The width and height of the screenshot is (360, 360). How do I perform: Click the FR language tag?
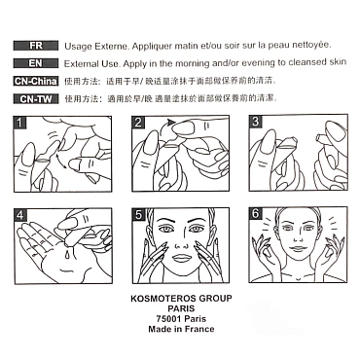click(x=36, y=46)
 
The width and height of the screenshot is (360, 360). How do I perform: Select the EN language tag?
click(x=36, y=63)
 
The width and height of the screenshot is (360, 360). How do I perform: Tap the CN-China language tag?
click(x=36, y=81)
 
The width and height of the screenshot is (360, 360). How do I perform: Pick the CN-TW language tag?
click(x=36, y=99)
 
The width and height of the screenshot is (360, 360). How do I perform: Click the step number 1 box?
click(x=19, y=123)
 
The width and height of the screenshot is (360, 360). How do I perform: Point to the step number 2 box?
click(x=138, y=123)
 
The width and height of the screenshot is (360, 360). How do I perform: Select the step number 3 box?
click(x=256, y=122)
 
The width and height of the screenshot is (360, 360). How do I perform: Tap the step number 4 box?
click(x=20, y=215)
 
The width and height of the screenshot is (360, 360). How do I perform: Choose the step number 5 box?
click(x=138, y=215)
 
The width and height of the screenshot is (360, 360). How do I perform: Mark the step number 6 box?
click(x=256, y=213)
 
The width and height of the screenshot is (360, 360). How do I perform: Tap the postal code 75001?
click(x=168, y=319)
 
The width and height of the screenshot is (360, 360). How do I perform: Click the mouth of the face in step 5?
click(x=182, y=258)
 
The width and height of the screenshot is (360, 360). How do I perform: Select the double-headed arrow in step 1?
click(x=61, y=162)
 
